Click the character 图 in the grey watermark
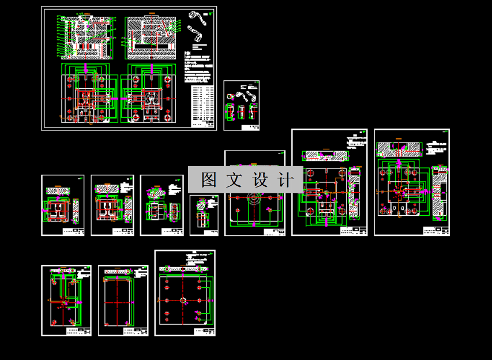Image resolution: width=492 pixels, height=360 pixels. tap(208, 179)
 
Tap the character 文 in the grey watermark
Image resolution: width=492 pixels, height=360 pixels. tap(234, 179)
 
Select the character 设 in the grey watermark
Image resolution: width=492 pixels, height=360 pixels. tap(260, 179)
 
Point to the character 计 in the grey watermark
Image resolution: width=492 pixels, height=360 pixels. tap(285, 179)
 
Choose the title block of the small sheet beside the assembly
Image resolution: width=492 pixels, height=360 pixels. tap(252, 127)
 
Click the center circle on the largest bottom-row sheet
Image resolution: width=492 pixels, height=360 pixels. tap(183, 300)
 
